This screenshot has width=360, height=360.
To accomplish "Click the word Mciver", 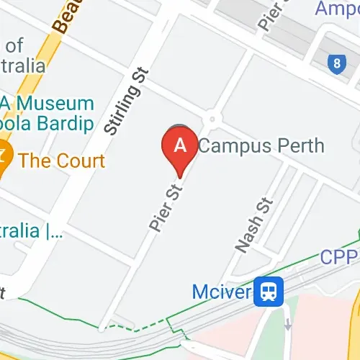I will tap(221, 292).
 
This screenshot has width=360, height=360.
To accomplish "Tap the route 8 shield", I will tap(336, 64).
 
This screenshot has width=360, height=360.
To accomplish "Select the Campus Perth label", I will tap(261, 145).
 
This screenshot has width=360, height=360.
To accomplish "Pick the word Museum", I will tap(58, 104).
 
